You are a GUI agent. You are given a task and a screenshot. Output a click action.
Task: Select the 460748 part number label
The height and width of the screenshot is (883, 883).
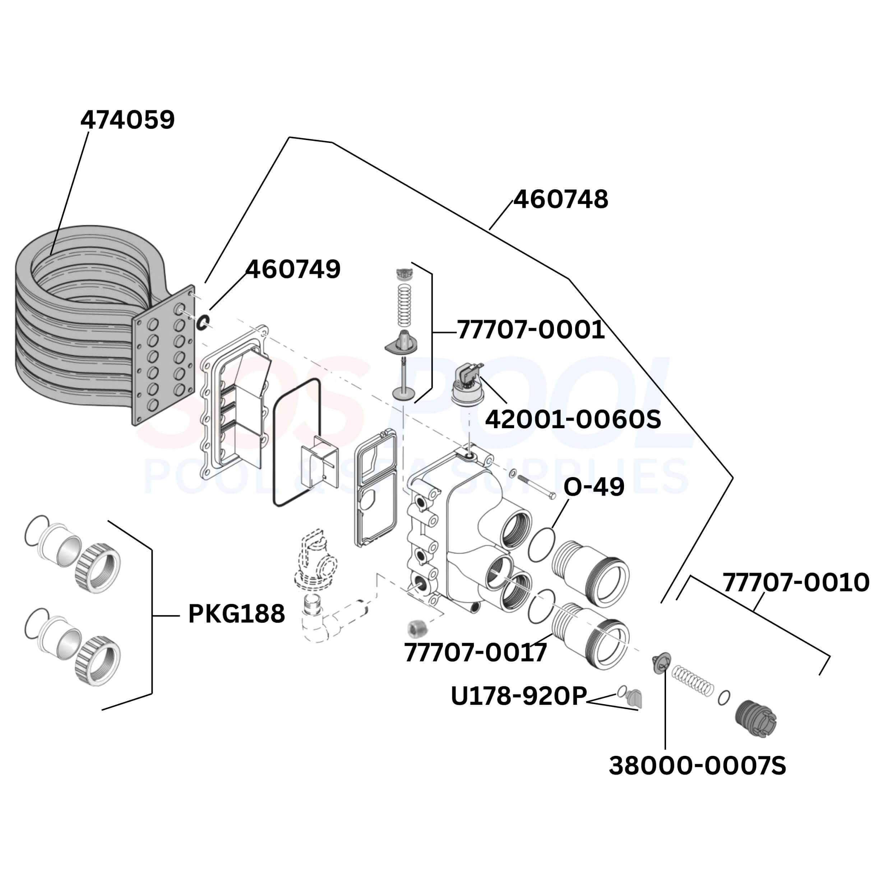pyautogui.click(x=560, y=200)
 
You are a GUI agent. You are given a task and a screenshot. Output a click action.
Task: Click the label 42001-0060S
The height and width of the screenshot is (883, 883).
pyautogui.click(x=573, y=419)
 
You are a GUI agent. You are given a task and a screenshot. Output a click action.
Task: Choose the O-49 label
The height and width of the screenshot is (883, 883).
pyautogui.click(x=594, y=487)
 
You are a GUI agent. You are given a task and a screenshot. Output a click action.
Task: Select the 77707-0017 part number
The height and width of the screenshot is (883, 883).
pyautogui.click(x=475, y=653)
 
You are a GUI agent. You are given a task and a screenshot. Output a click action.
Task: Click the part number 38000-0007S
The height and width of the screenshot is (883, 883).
pyautogui.click(x=697, y=766)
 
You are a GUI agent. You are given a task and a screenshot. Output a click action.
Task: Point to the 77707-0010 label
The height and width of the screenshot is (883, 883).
pyautogui.click(x=796, y=583)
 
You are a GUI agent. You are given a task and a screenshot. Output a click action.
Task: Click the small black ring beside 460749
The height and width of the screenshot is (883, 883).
pyautogui.click(x=203, y=322)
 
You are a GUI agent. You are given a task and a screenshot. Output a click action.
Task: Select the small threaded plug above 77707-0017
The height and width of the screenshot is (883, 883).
pyautogui.click(x=416, y=628)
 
